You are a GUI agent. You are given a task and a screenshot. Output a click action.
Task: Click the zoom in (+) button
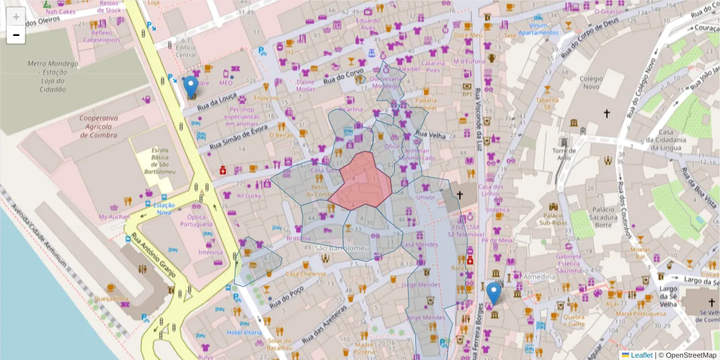pos(16,17)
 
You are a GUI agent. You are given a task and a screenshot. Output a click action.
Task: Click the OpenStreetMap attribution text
pos(687,355)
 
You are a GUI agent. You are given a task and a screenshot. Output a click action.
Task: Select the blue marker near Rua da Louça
pos(191,86)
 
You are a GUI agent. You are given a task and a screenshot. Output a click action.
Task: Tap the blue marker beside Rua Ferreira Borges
pos(494,293)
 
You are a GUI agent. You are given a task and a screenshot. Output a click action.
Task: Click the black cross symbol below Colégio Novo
pos(607,113)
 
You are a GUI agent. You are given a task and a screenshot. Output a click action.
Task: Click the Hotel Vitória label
pos(243,332)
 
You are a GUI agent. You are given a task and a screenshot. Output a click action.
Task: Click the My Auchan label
pos(114,217)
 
